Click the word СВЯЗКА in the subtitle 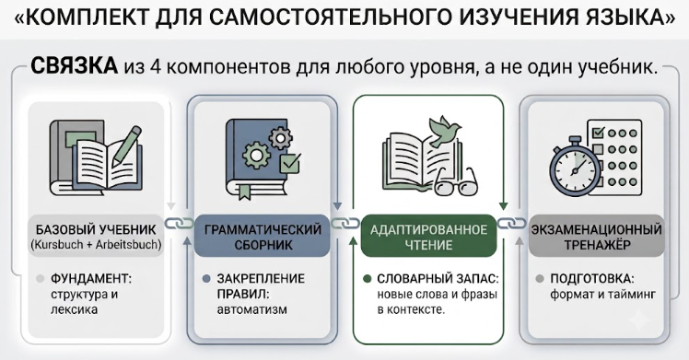pyautogui.click(x=74, y=66)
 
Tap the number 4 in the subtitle pyautogui.click(x=156, y=67)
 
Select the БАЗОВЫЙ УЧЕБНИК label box pyautogui.click(x=96, y=237)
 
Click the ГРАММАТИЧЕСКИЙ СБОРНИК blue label pyautogui.click(x=263, y=237)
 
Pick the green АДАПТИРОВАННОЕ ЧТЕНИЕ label pyautogui.click(x=428, y=237)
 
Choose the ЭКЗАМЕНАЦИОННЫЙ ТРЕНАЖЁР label pyautogui.click(x=596, y=237)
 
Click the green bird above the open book pyautogui.click(x=445, y=131)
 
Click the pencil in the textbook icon pyautogui.click(x=126, y=145)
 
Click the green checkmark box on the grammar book pyautogui.click(x=290, y=163)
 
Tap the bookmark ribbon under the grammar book pyautogui.click(x=245, y=191)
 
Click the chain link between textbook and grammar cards pyautogui.click(x=180, y=223)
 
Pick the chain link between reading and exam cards pyautogui.click(x=512, y=223)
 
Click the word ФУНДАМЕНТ pyautogui.click(x=91, y=278)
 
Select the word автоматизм pyautogui.click(x=251, y=309)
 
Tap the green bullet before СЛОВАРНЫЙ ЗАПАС pyautogui.click(x=367, y=279)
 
